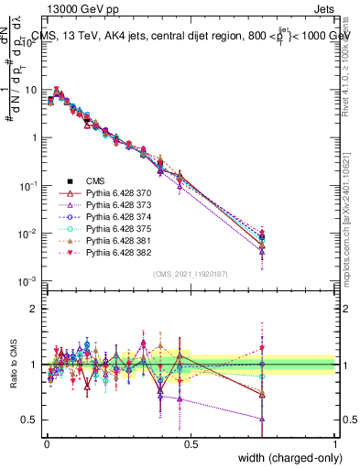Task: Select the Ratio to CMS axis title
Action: [13, 374]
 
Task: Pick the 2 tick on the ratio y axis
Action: [34, 309]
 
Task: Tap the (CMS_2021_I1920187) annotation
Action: [190, 274]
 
